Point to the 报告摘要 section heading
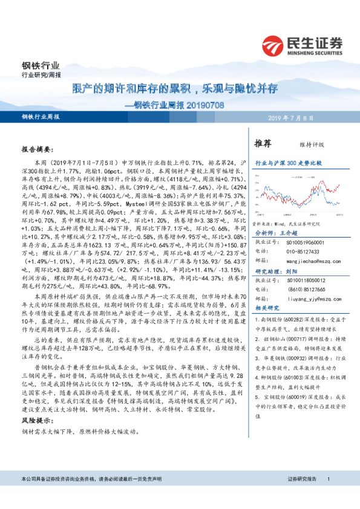38,148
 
